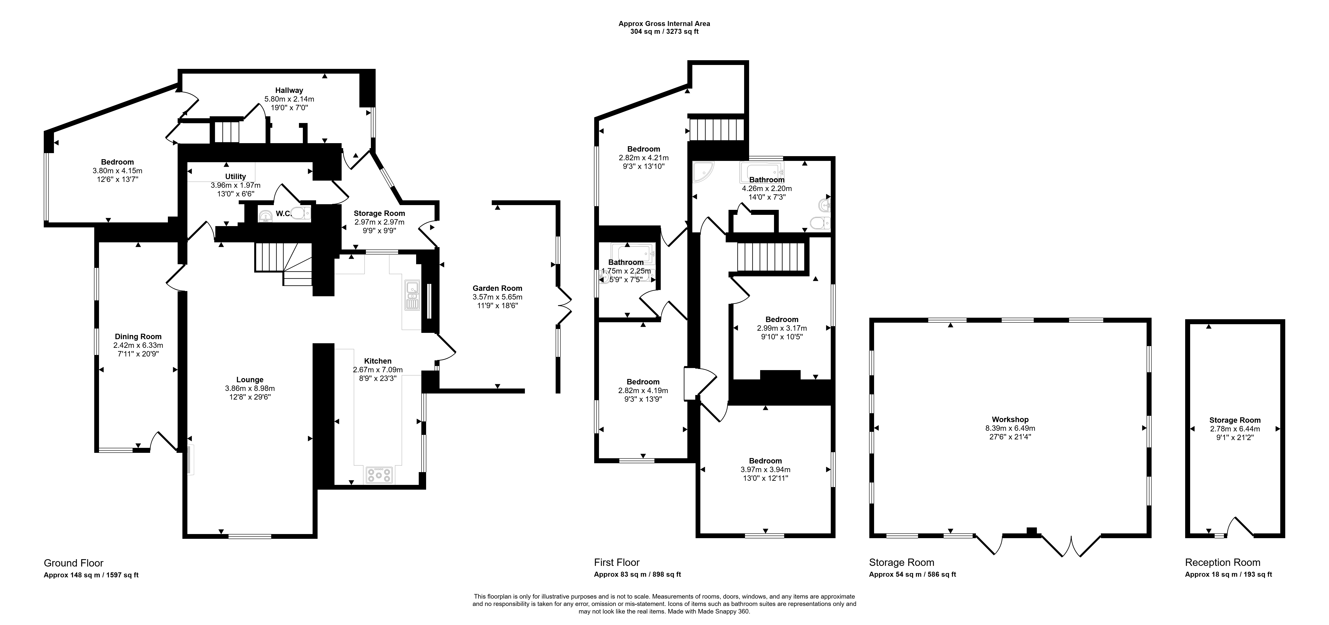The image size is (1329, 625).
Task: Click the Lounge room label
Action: tap(250, 380)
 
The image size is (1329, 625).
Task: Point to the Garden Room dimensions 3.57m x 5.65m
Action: tap(497, 297)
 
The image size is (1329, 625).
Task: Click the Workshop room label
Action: tap(1010, 419)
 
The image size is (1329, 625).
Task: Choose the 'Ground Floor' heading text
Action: tap(74, 563)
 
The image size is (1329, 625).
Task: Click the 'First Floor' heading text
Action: tap(617, 562)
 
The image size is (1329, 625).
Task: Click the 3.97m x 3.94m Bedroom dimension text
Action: tap(766, 469)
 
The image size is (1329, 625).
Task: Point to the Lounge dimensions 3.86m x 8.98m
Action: tap(250, 388)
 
